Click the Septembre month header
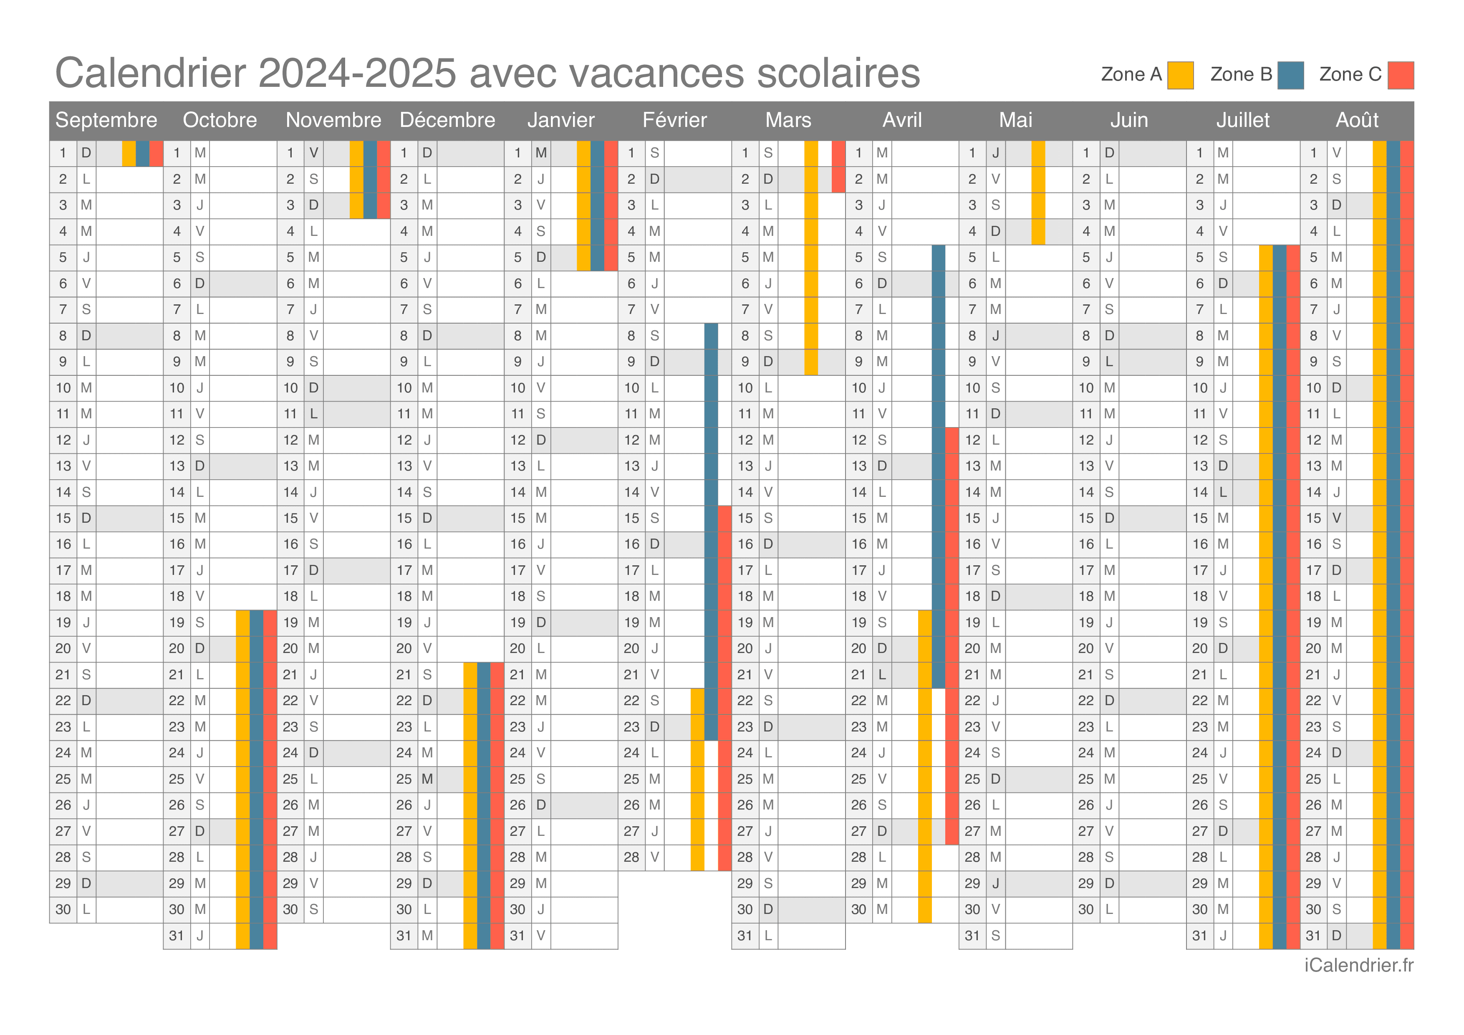(106, 120)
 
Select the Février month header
(674, 120)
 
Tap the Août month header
(1357, 120)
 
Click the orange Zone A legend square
(1180, 75)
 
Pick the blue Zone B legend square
(1290, 75)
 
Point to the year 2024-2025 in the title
(357, 73)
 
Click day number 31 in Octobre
(177, 936)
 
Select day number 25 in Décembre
(404, 779)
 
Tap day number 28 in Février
(631, 857)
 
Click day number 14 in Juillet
(1200, 492)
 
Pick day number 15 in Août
(1313, 518)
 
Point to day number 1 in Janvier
(518, 153)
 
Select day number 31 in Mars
(745, 936)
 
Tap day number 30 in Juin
(1086, 909)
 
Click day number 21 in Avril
(859, 674)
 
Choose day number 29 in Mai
(972, 883)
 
